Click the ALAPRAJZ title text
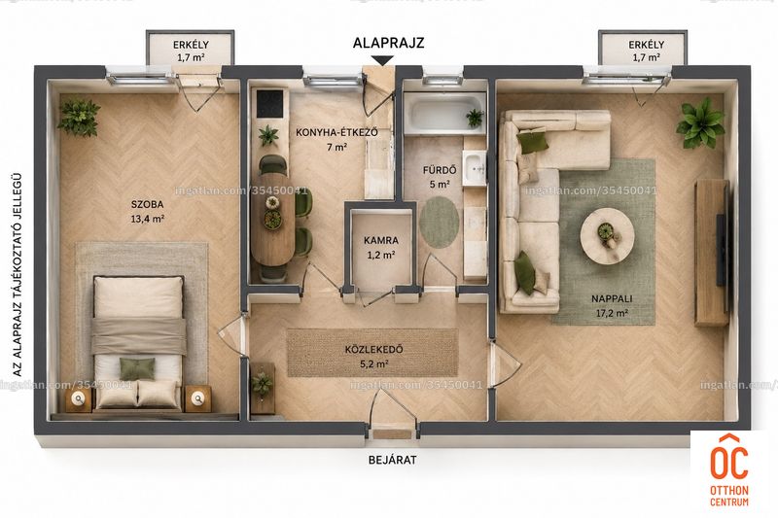(388, 43)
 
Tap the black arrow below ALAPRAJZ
(382, 60)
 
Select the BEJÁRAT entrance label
(393, 460)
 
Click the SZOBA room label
(148, 204)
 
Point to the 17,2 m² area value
(612, 313)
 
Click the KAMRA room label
(381, 240)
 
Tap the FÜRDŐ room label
(440, 170)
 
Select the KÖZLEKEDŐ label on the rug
(374, 350)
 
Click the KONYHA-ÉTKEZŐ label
(336, 132)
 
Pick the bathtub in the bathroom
(444, 114)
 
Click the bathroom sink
(475, 168)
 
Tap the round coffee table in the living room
(607, 235)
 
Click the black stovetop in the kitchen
(270, 103)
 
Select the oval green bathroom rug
(440, 223)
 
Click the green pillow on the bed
(137, 368)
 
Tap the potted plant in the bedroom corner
(79, 118)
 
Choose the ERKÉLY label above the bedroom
(191, 45)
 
